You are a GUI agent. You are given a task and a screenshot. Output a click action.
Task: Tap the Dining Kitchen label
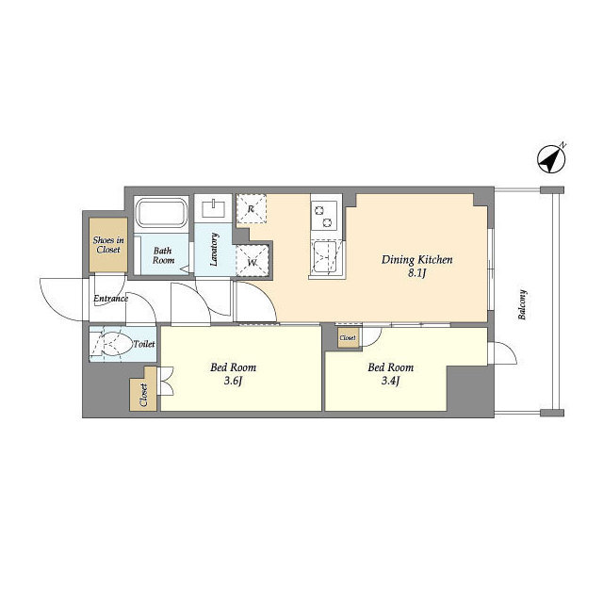417,259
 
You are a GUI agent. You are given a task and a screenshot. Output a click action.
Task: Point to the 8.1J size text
417,274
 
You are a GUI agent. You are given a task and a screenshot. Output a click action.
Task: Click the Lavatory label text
215,250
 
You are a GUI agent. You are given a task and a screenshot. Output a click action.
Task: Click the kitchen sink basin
326,256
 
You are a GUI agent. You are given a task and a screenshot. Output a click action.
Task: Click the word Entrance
110,300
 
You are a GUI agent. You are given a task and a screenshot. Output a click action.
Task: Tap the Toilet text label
144,345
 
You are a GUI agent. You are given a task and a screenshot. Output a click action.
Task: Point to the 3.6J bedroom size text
235,382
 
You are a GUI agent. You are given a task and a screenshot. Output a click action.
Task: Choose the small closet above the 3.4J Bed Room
347,337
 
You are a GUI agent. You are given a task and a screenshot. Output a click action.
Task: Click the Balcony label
523,303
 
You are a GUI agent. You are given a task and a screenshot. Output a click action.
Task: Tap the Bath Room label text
163,255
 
